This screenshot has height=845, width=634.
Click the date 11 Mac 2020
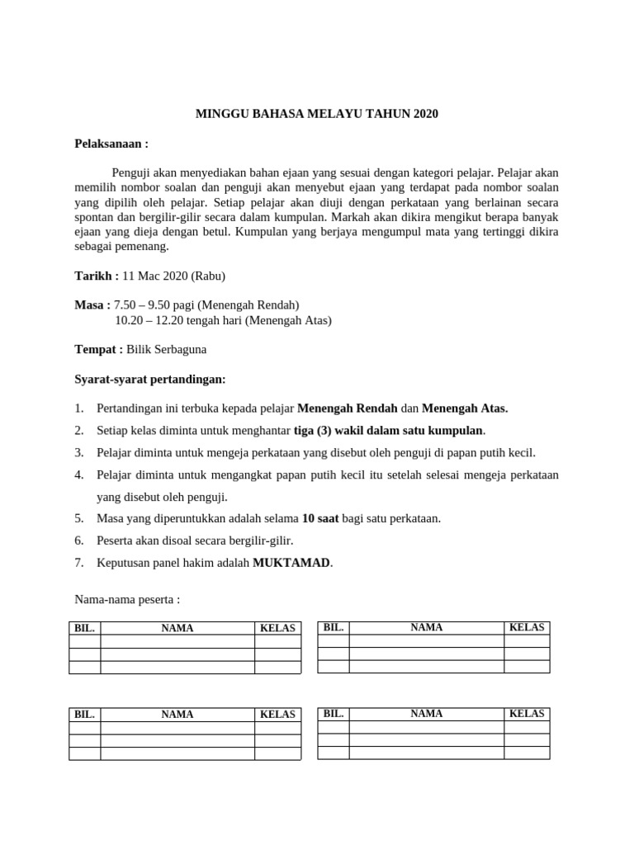click(x=156, y=276)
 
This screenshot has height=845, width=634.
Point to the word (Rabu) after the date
click(x=209, y=276)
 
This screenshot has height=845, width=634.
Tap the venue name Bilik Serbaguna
click(x=167, y=349)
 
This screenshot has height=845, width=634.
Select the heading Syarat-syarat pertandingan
click(x=149, y=379)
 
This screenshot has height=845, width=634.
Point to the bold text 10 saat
click(x=320, y=518)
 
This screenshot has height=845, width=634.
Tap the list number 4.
click(x=79, y=474)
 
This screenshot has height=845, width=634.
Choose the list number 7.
click(x=79, y=563)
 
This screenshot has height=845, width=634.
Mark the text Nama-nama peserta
click(x=127, y=598)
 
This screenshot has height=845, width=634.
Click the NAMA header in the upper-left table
click(x=177, y=628)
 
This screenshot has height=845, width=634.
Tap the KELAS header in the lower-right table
click(x=527, y=713)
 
